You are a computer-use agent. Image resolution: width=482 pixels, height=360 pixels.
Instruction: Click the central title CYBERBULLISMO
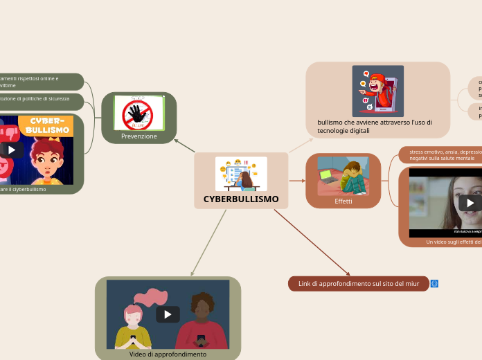pos(241,199)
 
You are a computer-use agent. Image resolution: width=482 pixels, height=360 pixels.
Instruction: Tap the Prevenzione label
pos(139,136)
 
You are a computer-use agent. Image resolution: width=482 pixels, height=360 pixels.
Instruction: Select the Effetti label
pos(343,201)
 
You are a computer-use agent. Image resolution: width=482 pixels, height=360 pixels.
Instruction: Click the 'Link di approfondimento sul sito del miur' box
pos(358,284)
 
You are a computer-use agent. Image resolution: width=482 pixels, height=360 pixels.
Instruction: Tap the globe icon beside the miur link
pos(434,284)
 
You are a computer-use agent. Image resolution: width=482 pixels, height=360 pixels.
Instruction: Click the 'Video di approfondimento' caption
pos(168,354)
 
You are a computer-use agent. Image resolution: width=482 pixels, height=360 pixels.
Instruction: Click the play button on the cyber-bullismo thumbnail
pos(11,150)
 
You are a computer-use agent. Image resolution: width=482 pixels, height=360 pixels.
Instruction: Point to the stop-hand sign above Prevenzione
pos(139,113)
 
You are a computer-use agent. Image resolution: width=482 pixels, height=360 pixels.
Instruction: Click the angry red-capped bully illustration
pos(377,91)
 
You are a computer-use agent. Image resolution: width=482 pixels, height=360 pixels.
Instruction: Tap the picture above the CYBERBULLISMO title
pos(241,174)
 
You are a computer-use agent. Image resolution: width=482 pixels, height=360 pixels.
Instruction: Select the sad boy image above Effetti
pos(343,177)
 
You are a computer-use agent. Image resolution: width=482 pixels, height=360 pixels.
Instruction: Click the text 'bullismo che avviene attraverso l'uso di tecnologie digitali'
pos(375,126)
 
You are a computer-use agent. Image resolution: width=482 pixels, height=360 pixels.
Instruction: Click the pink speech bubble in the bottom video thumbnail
pos(151,297)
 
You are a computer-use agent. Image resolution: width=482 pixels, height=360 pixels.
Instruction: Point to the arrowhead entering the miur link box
pos(348,274)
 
